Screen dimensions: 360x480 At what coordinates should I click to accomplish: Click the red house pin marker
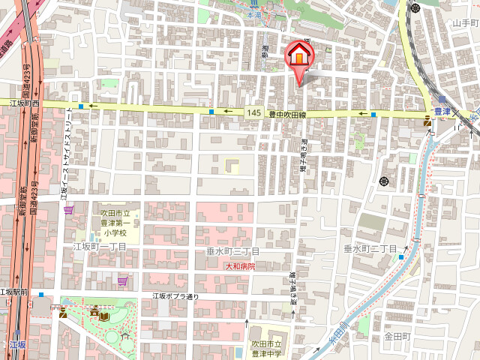click(298, 56)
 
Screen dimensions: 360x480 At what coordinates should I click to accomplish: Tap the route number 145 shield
click(254, 112)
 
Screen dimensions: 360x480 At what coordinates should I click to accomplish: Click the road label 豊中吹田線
click(289, 114)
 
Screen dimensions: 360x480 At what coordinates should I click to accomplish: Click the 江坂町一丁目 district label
click(99, 247)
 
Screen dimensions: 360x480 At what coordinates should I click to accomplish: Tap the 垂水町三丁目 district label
click(232, 250)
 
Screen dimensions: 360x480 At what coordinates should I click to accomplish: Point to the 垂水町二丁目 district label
click(370, 248)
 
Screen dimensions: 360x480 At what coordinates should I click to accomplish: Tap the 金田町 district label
click(397, 337)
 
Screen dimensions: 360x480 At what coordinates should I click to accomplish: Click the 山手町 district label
click(465, 23)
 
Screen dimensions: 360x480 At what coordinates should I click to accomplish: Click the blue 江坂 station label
click(18, 345)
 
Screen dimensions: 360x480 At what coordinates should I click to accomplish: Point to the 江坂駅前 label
click(13, 292)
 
